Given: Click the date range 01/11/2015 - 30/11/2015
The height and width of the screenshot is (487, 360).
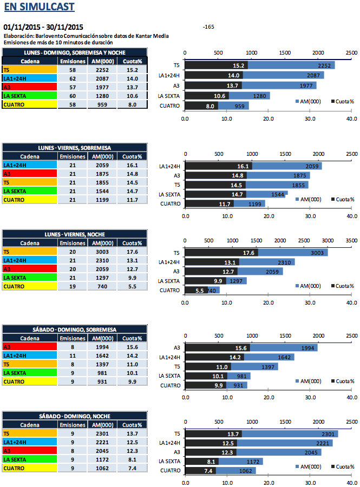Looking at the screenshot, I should coord(43,27).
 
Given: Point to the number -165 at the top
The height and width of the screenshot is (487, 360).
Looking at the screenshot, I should coord(208,27).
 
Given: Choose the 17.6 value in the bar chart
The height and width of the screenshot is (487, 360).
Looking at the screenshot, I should coord(249,253).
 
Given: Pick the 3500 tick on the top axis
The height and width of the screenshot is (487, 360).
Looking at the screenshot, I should coord(351,240).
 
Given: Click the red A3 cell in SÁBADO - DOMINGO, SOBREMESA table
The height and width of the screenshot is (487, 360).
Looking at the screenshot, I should coord(29,347).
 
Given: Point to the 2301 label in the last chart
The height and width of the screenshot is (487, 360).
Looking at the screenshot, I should coord(329,433).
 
